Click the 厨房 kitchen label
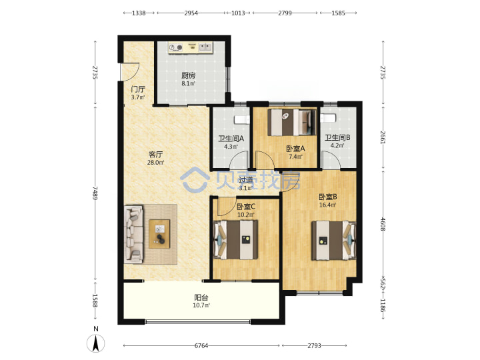(188, 75)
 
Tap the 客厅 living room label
(155, 155)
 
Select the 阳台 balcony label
(201, 297)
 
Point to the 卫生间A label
(231, 139)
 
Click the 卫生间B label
(337, 138)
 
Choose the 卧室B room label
(328, 197)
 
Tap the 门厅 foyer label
(138, 89)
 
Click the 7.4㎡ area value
(295, 157)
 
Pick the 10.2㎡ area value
(246, 215)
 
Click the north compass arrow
(96, 343)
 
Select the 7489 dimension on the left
(95, 193)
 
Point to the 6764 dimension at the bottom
(201, 345)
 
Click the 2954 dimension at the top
(191, 13)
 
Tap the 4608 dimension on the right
(383, 224)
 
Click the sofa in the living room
(134, 234)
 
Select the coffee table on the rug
(159, 234)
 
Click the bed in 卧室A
(292, 123)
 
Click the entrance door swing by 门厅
(130, 72)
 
